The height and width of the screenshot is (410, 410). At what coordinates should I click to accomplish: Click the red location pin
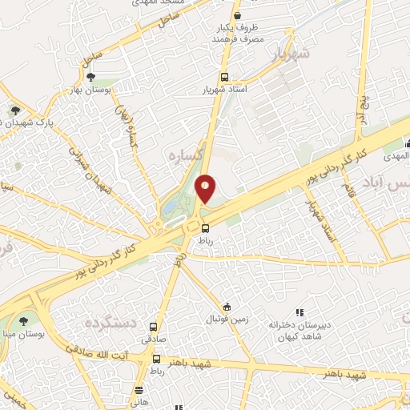click(206, 188)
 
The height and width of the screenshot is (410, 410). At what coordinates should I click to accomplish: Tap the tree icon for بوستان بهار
click(90, 77)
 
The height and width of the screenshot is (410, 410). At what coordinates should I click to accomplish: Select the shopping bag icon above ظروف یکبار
click(236, 15)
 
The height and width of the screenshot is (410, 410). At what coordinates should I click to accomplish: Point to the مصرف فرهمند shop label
click(238, 40)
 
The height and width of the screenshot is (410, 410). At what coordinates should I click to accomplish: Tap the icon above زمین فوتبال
click(227, 307)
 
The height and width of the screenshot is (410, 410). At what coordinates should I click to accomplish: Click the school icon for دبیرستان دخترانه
click(299, 312)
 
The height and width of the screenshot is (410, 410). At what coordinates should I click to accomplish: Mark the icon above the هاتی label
click(139, 391)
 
